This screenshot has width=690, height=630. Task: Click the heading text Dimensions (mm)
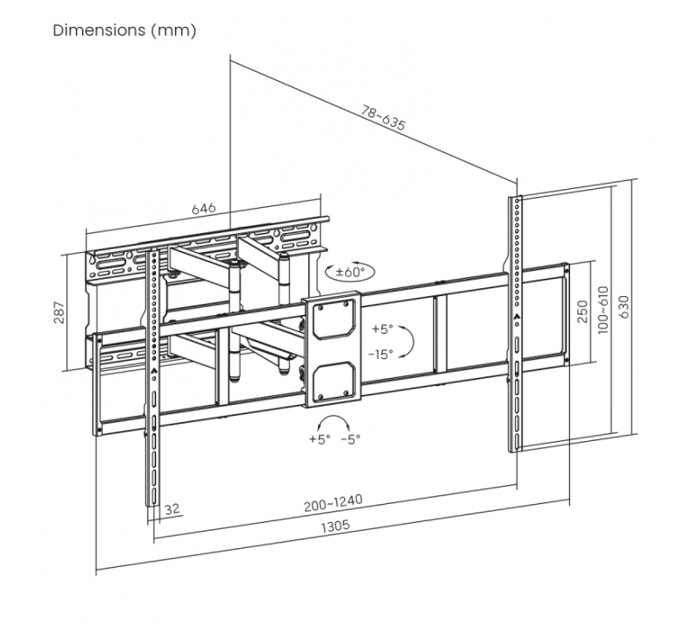point(125,31)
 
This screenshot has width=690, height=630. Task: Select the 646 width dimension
point(203,209)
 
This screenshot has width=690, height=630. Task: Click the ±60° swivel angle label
point(350,272)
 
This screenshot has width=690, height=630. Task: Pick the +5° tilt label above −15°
point(381,329)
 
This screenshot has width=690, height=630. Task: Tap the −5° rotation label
point(350,439)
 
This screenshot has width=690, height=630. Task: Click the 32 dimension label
point(172,508)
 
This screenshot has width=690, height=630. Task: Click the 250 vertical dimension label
point(582,311)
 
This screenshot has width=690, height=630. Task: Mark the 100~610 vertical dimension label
point(604,311)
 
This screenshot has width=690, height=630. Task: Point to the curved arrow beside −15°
point(411,340)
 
